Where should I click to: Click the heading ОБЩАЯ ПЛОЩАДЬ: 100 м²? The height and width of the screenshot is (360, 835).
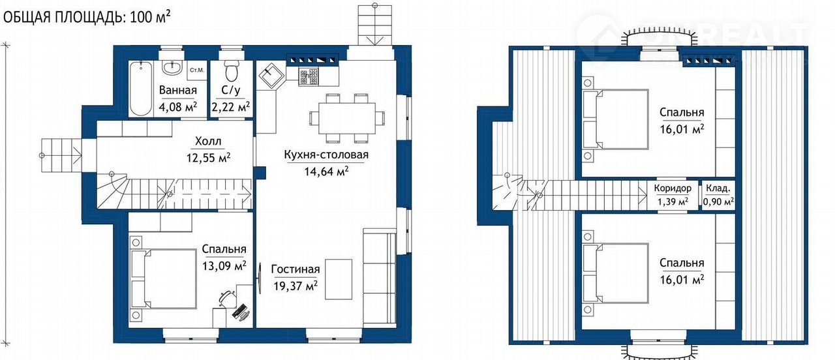click(87, 17)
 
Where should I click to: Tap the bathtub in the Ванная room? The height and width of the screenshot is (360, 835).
click(140, 89)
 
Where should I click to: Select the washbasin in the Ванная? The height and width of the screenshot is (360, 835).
click(172, 68)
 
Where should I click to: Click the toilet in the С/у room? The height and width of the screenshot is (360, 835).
click(232, 71)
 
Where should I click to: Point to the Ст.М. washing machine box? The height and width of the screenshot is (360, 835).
click(197, 70)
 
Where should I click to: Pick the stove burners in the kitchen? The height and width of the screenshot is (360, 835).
click(309, 76)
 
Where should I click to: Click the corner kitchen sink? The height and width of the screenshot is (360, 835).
click(271, 76)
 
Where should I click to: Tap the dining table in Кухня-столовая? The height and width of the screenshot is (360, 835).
click(347, 118)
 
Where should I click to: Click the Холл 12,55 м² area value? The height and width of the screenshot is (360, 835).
click(208, 158)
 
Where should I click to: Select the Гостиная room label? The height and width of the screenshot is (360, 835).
click(296, 269)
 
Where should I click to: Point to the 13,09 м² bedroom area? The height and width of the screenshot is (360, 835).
click(224, 265)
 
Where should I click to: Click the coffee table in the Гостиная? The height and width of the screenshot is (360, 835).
click(339, 279)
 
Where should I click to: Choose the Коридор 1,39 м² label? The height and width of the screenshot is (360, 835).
click(673, 194)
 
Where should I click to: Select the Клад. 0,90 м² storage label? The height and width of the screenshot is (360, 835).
click(718, 194)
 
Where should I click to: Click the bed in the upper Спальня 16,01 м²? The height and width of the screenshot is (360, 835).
click(615, 119)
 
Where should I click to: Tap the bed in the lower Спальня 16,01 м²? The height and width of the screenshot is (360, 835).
click(615, 273)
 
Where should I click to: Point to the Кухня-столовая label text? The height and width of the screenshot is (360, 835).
click(326, 155)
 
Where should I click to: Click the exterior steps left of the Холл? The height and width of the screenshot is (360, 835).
click(61, 155)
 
